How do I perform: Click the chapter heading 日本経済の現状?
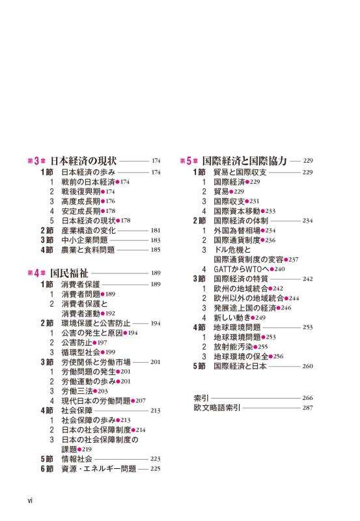point(84,160)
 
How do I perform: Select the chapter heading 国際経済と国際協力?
point(245,160)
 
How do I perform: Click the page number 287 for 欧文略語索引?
point(308,408)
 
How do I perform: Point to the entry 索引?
point(201,397)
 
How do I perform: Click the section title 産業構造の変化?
point(89,230)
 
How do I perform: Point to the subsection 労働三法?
point(76,391)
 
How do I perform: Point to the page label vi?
point(30,501)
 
